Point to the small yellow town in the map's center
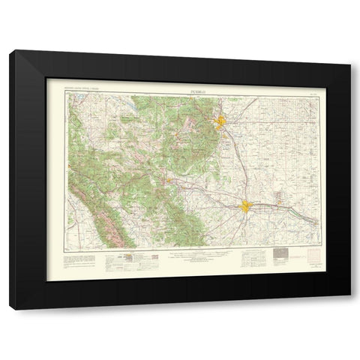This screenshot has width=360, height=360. [x=171, y=179]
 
